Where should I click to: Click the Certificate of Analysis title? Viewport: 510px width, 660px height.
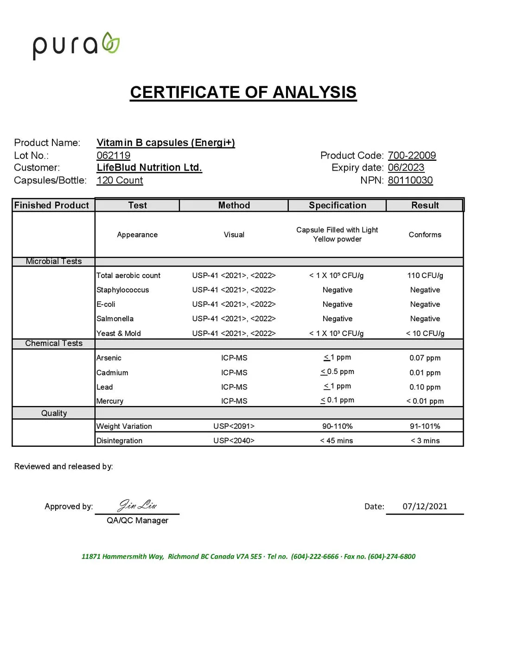coord(243,92)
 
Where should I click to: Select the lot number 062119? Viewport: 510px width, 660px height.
coord(114,155)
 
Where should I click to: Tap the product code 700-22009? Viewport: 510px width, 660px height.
coord(412,155)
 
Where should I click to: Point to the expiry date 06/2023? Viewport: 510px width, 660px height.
coord(406,167)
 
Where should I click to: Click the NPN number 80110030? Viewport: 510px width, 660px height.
coord(410,180)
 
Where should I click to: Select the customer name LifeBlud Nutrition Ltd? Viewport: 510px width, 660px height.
coord(149,167)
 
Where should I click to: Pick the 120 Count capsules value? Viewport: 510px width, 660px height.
coord(120,180)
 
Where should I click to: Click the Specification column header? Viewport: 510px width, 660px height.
coord(338,205)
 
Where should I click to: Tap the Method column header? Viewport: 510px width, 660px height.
coord(234,205)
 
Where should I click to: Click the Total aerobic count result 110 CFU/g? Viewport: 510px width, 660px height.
coord(425,275)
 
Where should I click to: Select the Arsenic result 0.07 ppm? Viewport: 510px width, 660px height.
coord(425,358)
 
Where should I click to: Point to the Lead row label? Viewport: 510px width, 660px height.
coord(105,387)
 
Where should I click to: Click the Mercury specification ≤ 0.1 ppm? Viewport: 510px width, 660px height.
coord(337,400)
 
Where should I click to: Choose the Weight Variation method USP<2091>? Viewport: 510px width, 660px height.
coord(234,426)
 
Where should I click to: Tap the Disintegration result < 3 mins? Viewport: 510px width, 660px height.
coord(425,440)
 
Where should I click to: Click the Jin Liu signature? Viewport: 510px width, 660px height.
coord(138,504)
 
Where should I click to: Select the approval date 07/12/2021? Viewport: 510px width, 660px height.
coord(425,506)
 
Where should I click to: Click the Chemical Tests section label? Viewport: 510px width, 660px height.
coord(54,343)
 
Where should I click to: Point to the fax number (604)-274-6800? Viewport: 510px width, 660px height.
coord(392,556)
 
